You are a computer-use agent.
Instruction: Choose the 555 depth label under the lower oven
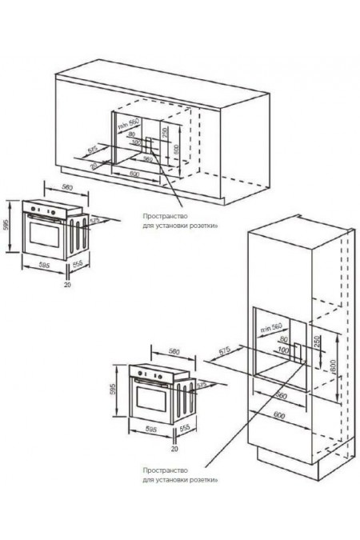click(x=185, y=430)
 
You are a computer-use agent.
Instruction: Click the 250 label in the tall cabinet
click(x=317, y=342)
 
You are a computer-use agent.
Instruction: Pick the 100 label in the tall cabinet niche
click(x=282, y=350)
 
